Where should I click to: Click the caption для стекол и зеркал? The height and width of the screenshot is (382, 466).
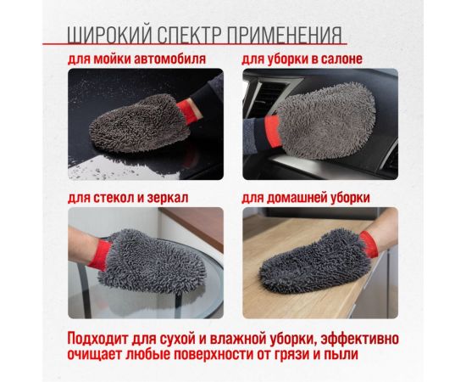point(128,197)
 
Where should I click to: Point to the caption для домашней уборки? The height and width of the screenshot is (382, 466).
point(306,197)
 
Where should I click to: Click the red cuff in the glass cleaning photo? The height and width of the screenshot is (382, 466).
point(103,252)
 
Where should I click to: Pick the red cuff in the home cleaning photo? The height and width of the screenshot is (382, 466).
point(366,246)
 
